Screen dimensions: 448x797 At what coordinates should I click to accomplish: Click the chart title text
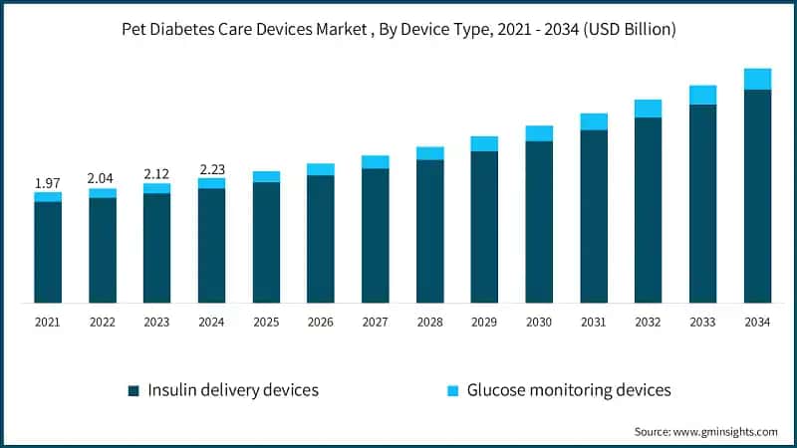pyautogui.click(x=398, y=30)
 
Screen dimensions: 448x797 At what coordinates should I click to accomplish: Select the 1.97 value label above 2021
pyautogui.click(x=47, y=183)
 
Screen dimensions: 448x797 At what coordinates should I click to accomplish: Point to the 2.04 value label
pyautogui.click(x=102, y=178)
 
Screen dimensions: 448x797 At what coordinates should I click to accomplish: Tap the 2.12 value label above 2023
pyautogui.click(x=156, y=173)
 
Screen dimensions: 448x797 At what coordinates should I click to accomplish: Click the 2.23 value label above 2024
pyautogui.click(x=211, y=169)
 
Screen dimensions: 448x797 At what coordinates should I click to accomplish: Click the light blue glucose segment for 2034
pyautogui.click(x=757, y=79)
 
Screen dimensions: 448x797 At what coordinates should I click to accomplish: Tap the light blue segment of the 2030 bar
pyautogui.click(x=539, y=133)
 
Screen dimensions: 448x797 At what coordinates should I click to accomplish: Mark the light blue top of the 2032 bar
pyautogui.click(x=649, y=109)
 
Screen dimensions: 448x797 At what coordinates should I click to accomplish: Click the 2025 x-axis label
pyautogui.click(x=266, y=323)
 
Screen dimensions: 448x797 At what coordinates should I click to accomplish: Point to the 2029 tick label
pyautogui.click(x=484, y=323)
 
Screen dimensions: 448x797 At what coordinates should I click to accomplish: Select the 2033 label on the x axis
pyautogui.click(x=702, y=323)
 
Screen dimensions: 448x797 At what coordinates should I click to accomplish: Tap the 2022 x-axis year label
pyautogui.click(x=102, y=323)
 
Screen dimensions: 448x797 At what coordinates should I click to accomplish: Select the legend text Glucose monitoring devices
pyautogui.click(x=569, y=390)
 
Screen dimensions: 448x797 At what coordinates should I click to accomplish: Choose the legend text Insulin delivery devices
pyautogui.click(x=233, y=390)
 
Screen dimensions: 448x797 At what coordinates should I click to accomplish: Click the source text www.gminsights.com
pyautogui.click(x=706, y=432)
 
